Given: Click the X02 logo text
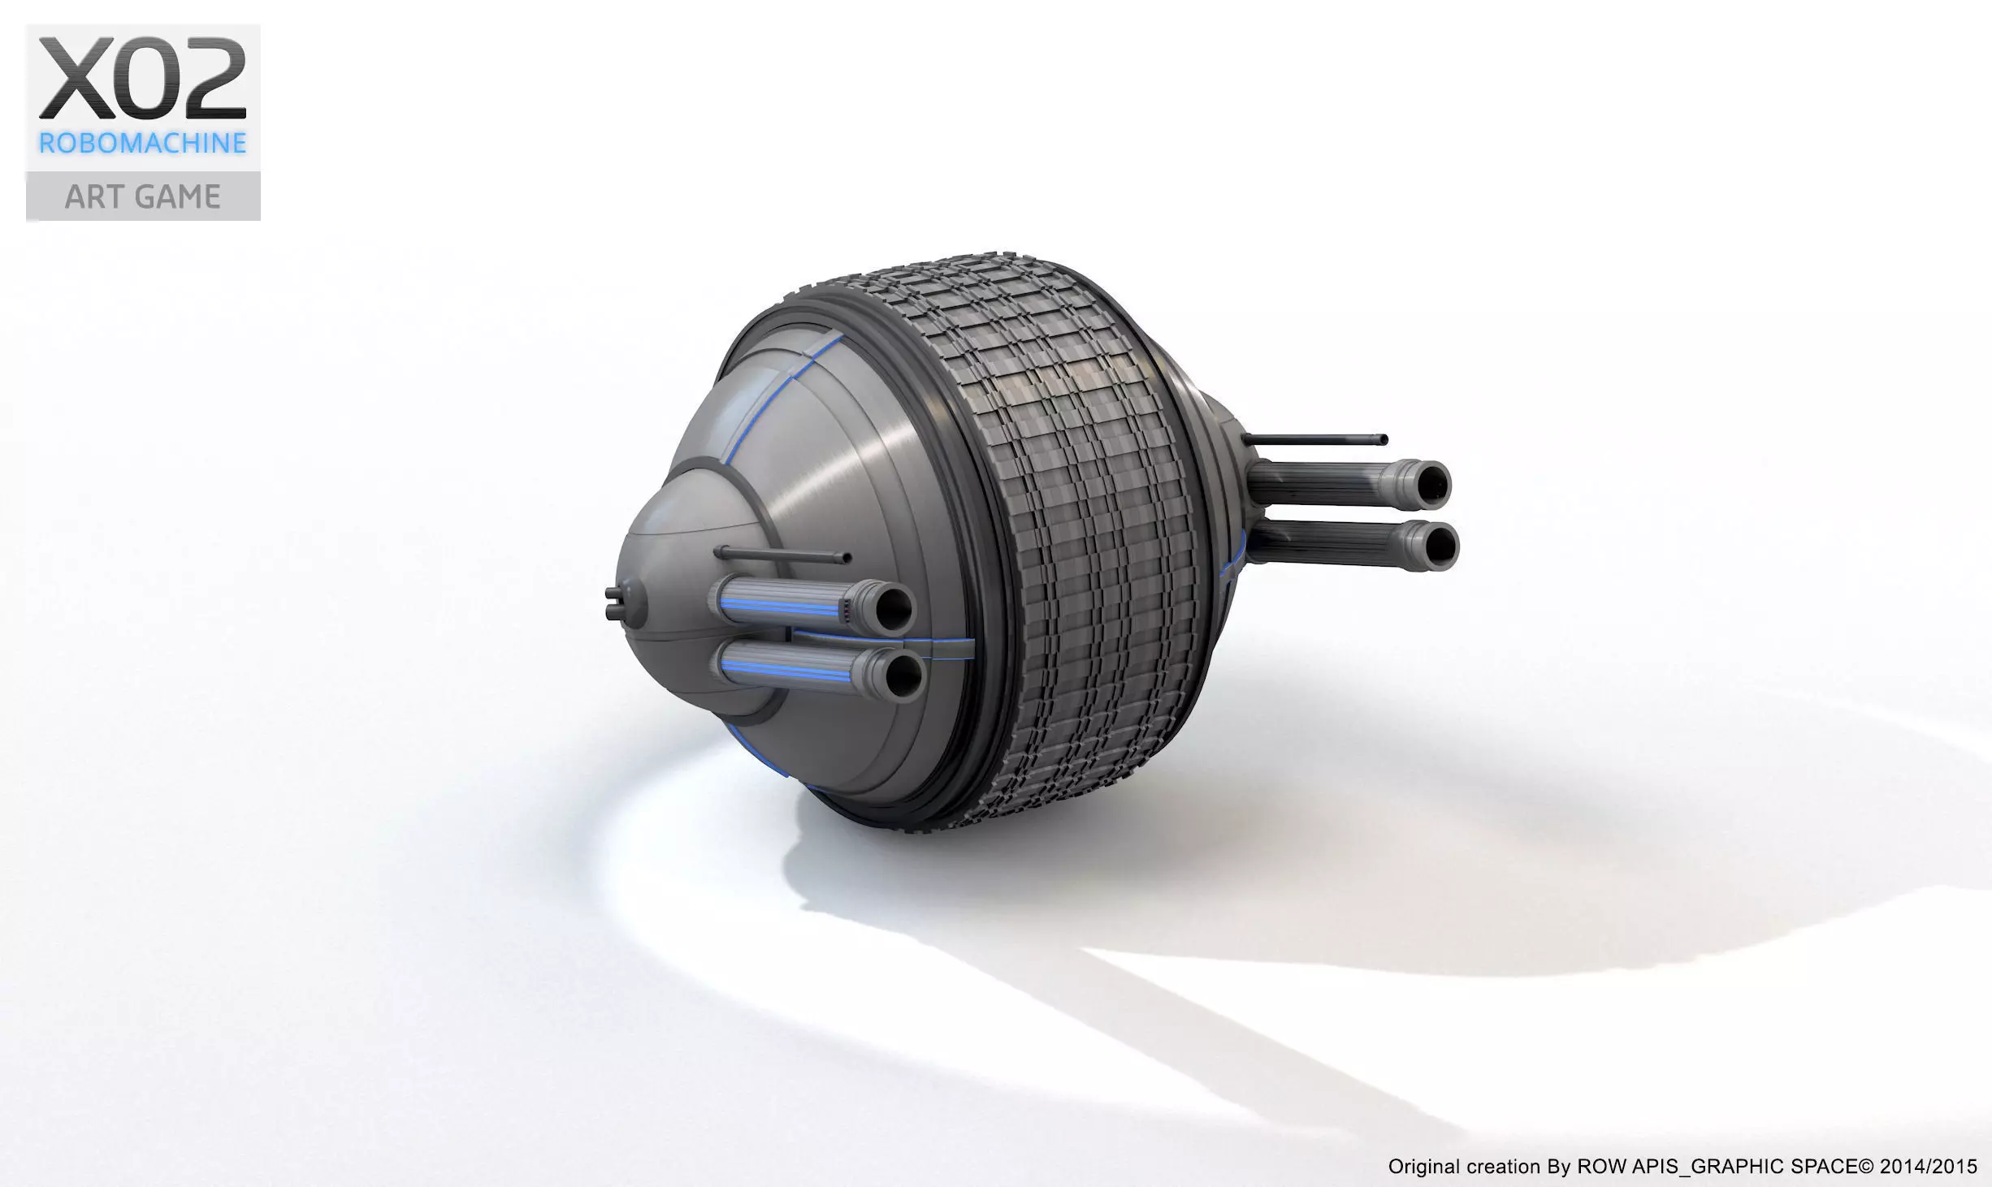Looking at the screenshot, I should click(x=143, y=80).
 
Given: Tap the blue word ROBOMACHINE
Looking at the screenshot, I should click(x=143, y=144).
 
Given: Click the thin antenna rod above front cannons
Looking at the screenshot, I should click(x=780, y=555).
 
